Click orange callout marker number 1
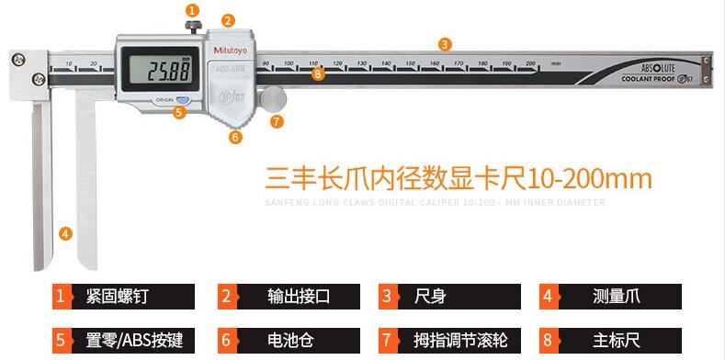click(191, 10)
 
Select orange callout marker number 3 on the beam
click(445, 43)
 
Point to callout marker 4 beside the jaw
click(65, 233)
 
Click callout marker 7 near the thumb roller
click(277, 120)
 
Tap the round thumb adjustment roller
click(273, 97)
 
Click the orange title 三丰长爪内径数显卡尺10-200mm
click(458, 177)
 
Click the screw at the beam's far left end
click(17, 58)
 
